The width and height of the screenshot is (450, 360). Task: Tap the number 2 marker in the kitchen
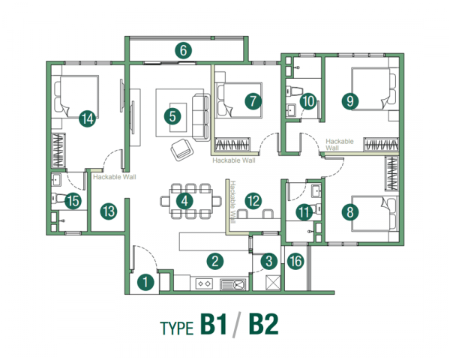pyautogui.click(x=215, y=261)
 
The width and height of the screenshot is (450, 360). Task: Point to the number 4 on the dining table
pyautogui.click(x=183, y=200)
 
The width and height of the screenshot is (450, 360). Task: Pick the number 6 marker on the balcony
pyautogui.click(x=183, y=51)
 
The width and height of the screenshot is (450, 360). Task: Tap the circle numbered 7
pyautogui.click(x=253, y=100)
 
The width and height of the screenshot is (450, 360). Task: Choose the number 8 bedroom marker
pyautogui.click(x=350, y=212)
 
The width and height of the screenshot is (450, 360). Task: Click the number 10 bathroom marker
pyautogui.click(x=307, y=100)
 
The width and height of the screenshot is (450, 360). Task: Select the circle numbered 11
pyautogui.click(x=303, y=212)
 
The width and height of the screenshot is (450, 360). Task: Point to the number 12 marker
pyautogui.click(x=253, y=200)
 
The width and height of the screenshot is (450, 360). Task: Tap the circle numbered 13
pyautogui.click(x=109, y=211)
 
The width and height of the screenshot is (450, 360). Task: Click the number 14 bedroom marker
pyautogui.click(x=87, y=117)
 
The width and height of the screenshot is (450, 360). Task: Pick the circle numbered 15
pyautogui.click(x=73, y=200)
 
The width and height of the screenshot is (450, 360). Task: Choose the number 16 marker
pyautogui.click(x=296, y=261)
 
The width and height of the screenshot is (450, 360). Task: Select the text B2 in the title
pyautogui.click(x=263, y=325)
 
